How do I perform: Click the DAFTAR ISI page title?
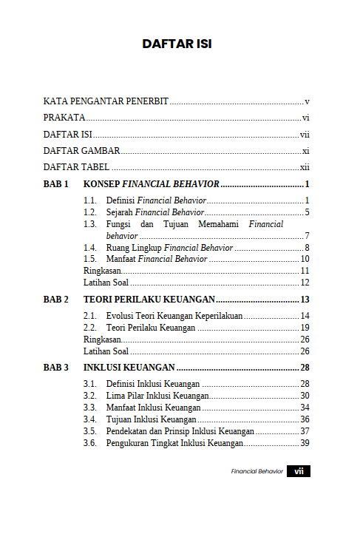tap(177, 44)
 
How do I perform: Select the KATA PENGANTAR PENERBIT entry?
tap(106, 101)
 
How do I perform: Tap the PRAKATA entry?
tap(64, 118)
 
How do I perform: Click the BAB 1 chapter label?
tap(56, 183)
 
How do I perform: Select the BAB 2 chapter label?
tap(56, 300)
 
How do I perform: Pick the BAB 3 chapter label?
tap(56, 368)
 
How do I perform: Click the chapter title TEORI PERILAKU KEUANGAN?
tap(149, 300)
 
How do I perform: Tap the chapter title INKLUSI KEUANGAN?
tap(129, 368)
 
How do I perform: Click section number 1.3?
tap(90, 224)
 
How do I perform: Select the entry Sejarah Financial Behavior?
tap(155, 212)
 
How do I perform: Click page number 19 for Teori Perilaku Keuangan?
tap(304, 328)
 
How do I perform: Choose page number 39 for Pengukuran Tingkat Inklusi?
tap(304, 443)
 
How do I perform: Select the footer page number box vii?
tap(299, 471)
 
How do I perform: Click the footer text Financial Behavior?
tap(257, 472)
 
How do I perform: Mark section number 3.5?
tap(90, 431)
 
